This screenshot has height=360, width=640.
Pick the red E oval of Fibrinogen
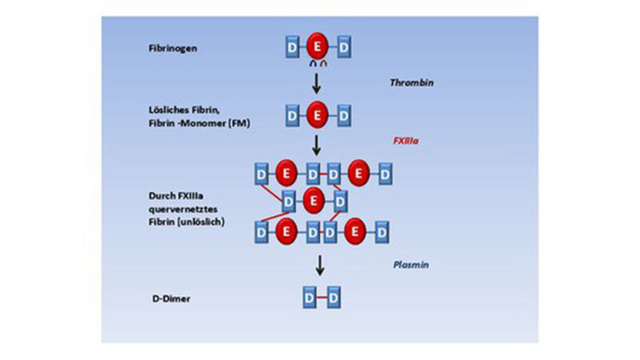coord(317,49)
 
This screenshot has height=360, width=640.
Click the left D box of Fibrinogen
coord(291,49)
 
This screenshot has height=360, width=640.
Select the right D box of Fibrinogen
coord(343,49)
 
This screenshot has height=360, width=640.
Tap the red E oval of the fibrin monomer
coord(317,115)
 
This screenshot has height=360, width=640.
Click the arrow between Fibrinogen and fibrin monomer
coord(318,82)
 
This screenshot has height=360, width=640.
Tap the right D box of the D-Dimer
coord(334,298)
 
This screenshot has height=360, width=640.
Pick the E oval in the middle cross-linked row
coord(314,201)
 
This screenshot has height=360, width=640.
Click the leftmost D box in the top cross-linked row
coord(261,173)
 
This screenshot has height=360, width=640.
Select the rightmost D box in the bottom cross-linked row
coord(383,232)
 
